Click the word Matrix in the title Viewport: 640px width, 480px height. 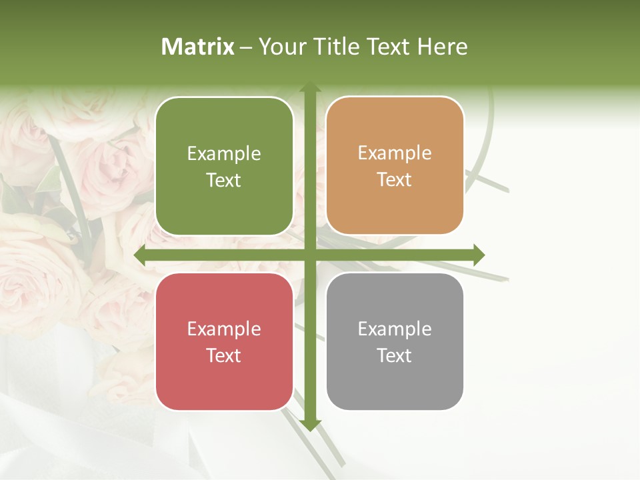click(x=198, y=47)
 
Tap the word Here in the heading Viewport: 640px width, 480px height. click(x=442, y=47)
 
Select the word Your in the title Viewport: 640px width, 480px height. click(x=280, y=47)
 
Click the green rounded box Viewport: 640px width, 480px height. click(x=224, y=167)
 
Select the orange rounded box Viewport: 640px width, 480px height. click(x=395, y=166)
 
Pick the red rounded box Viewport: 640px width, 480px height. click(x=224, y=341)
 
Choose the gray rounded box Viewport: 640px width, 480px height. click(x=395, y=341)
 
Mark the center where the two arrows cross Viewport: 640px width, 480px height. click(x=309, y=255)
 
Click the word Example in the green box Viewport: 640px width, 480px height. click(x=224, y=154)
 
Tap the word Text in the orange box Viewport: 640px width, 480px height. click(x=395, y=180)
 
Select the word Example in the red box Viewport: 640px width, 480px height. click(x=224, y=329)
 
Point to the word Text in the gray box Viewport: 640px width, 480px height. click(x=395, y=355)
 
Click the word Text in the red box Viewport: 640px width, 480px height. click(x=224, y=355)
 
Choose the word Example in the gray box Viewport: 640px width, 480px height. click(x=395, y=329)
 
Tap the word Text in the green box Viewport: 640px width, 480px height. click(x=224, y=181)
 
